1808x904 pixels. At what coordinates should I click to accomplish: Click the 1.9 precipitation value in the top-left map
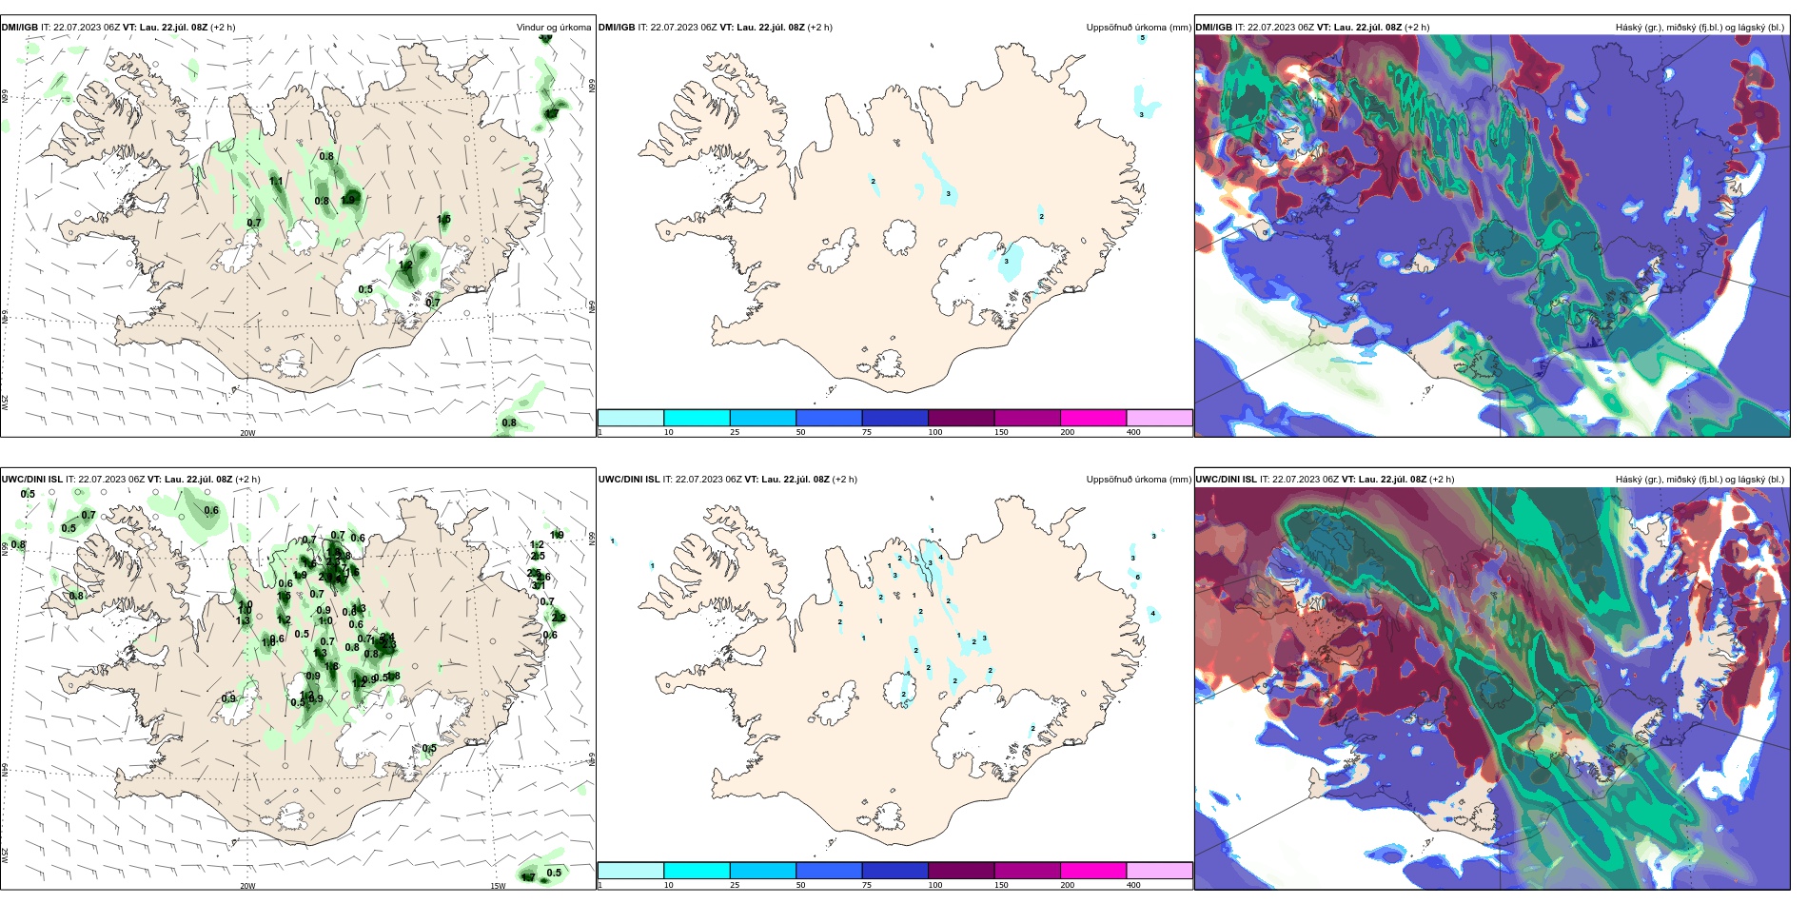pyautogui.click(x=349, y=199)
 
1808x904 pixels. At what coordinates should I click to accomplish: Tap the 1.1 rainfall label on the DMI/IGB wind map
pyautogui.click(x=276, y=182)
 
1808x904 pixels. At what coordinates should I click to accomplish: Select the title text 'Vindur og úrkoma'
pyautogui.click(x=553, y=28)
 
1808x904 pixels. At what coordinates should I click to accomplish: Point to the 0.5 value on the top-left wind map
pyautogui.click(x=365, y=289)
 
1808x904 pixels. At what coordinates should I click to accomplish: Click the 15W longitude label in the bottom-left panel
pyautogui.click(x=498, y=886)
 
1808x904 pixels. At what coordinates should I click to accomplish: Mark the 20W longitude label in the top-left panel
pyautogui.click(x=247, y=433)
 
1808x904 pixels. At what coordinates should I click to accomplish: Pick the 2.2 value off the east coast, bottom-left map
pyautogui.click(x=559, y=618)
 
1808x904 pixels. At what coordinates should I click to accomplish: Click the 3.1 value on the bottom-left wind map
pyautogui.click(x=539, y=586)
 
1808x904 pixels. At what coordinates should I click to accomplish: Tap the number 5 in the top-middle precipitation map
pyautogui.click(x=1143, y=38)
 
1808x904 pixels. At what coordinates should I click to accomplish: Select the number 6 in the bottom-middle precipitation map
pyautogui.click(x=1137, y=577)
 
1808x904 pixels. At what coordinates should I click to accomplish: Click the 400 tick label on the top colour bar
pyautogui.click(x=1133, y=433)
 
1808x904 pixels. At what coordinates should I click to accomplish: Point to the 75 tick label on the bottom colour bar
pyautogui.click(x=867, y=885)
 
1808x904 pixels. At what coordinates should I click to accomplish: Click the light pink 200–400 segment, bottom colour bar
pyautogui.click(x=1159, y=871)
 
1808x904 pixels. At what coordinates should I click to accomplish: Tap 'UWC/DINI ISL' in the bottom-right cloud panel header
pyautogui.click(x=1226, y=480)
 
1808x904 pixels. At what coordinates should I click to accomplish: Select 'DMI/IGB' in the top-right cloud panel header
pyautogui.click(x=1213, y=28)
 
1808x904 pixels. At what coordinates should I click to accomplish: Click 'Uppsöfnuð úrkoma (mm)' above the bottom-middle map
pyautogui.click(x=1138, y=480)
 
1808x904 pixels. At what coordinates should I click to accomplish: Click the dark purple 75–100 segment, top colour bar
pyautogui.click(x=894, y=418)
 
